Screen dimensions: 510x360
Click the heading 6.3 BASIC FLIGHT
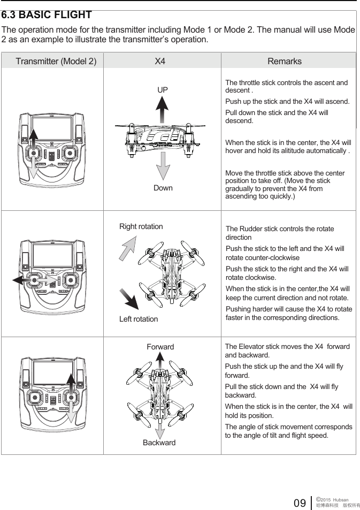pyautogui.click(x=47, y=15)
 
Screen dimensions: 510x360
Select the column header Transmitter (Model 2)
pyautogui.click(x=56, y=61)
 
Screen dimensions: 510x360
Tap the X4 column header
pyautogui.click(x=160, y=61)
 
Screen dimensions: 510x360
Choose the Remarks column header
pyautogui.click(x=285, y=61)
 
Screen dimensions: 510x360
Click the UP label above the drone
pyautogui.click(x=163, y=90)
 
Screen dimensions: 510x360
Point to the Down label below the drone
pyautogui.click(x=163, y=188)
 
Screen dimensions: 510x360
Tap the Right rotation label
pyautogui.click(x=141, y=226)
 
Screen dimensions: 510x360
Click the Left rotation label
pyautogui.click(x=139, y=319)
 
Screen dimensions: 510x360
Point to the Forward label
pyautogui.click(x=160, y=347)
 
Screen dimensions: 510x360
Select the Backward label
pyautogui.click(x=159, y=443)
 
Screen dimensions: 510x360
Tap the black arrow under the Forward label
pyautogui.click(x=160, y=364)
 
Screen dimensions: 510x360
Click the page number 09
pyautogui.click(x=300, y=503)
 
